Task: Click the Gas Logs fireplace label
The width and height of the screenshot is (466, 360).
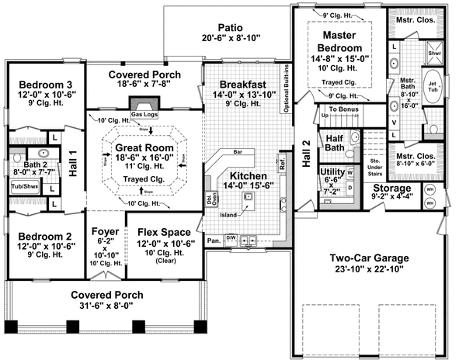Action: [x=143, y=114]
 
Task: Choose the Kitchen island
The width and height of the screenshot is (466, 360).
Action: [x=249, y=200]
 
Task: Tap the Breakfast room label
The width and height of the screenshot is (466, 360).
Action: [x=243, y=84]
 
